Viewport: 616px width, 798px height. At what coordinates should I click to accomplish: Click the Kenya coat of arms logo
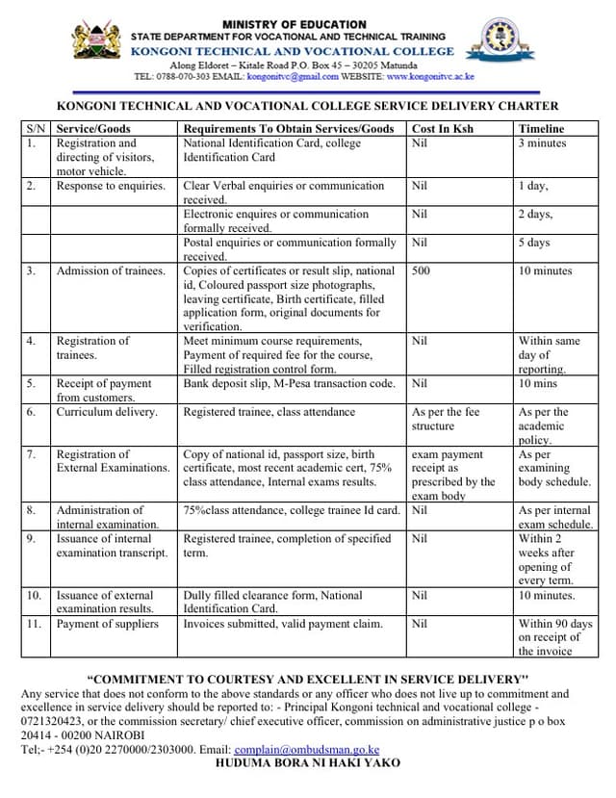97,42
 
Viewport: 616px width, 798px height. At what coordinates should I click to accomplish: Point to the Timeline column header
541,128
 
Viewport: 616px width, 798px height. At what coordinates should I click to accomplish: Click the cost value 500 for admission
421,271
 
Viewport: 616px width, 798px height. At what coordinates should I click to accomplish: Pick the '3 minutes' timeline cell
542,143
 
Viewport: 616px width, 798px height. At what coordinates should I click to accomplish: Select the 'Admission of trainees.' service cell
111,271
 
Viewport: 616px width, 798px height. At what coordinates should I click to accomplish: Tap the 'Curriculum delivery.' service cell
107,412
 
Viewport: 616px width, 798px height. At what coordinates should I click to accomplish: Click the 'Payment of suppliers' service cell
107,624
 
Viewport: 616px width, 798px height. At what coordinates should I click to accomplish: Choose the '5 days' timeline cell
534,243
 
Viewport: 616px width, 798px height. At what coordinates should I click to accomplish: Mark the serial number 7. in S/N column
33,454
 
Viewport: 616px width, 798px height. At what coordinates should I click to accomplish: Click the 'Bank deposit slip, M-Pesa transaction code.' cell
289,383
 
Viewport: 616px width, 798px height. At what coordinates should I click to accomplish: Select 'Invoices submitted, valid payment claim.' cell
283,624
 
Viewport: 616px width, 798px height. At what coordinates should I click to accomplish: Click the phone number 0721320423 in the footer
54,721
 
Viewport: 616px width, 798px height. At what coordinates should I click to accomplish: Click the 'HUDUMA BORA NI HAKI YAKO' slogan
307,762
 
